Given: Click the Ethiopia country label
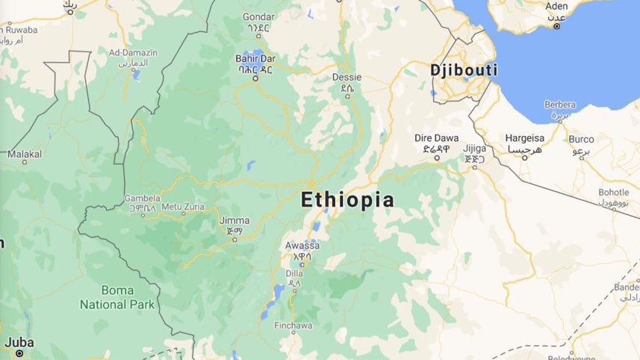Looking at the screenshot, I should click(x=347, y=200).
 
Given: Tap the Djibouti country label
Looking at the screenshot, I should click(x=464, y=70).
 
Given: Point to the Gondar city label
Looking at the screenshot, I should click(x=258, y=16).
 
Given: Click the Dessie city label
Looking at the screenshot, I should click(x=347, y=77).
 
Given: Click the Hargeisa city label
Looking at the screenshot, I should click(x=523, y=139).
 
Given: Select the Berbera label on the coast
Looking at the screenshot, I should click(x=560, y=105).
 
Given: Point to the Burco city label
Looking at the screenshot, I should click(x=581, y=139).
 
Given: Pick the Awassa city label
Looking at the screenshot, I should click(x=301, y=246).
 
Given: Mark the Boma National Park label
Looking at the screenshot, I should click(x=118, y=297).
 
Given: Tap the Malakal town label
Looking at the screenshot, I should click(x=25, y=154).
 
